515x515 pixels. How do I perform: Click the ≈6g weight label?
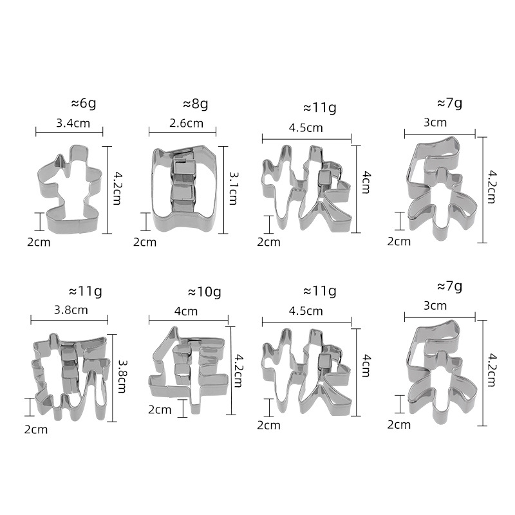click(x=84, y=104)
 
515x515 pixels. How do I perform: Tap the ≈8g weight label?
click(x=196, y=104)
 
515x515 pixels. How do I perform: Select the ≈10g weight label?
click(x=204, y=292)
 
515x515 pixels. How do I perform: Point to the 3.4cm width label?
click(x=73, y=123)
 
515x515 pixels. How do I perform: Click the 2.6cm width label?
click(x=186, y=123)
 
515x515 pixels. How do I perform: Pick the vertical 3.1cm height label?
click(x=233, y=188)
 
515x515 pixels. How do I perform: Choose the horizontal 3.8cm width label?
click(x=71, y=310)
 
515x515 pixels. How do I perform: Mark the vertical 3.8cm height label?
click(x=122, y=377)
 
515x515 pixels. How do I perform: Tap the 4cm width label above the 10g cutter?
click(x=186, y=311)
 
